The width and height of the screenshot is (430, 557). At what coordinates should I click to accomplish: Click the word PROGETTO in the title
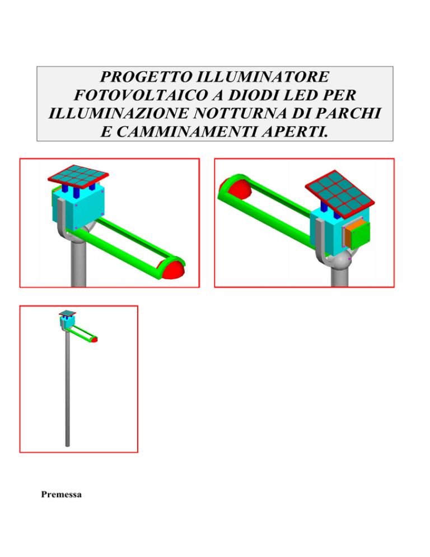pyautogui.click(x=146, y=77)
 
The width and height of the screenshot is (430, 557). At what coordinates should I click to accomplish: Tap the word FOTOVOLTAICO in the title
pyautogui.click(x=141, y=95)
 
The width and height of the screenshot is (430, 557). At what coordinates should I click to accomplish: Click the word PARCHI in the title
pyautogui.click(x=348, y=114)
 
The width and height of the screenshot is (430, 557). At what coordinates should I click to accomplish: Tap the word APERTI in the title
pyautogui.click(x=295, y=132)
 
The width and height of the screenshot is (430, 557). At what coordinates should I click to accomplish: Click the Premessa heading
pyautogui.click(x=61, y=494)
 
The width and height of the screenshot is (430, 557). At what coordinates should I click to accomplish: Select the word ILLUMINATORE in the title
pyautogui.click(x=263, y=77)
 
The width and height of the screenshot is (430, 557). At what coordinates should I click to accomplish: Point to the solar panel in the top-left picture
pyautogui.click(x=78, y=176)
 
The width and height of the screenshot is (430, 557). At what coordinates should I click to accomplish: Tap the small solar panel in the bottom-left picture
pyautogui.click(x=67, y=313)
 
